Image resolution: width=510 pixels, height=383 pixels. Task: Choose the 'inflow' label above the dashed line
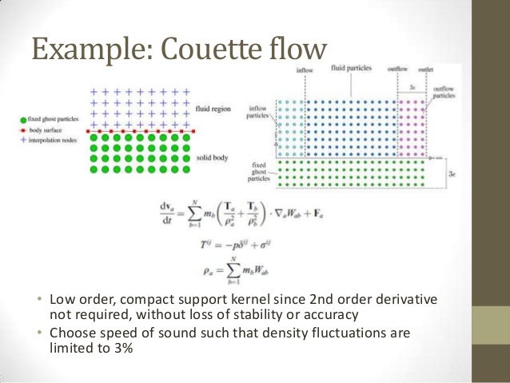click(304, 70)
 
